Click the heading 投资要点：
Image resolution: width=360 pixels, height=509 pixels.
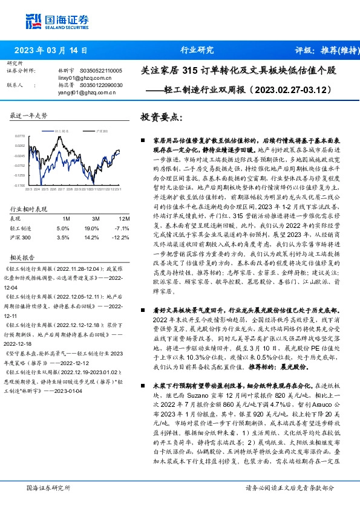pyautogui.click(x=160, y=116)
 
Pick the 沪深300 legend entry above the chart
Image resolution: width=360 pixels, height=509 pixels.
pyautogui.click(x=102, y=130)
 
